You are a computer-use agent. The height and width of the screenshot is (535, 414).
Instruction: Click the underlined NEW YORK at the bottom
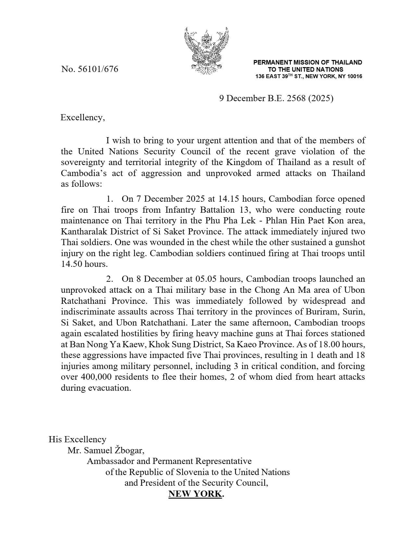pyautogui.click(x=195, y=494)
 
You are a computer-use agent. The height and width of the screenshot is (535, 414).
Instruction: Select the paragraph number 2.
pyautogui.click(x=109, y=279)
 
